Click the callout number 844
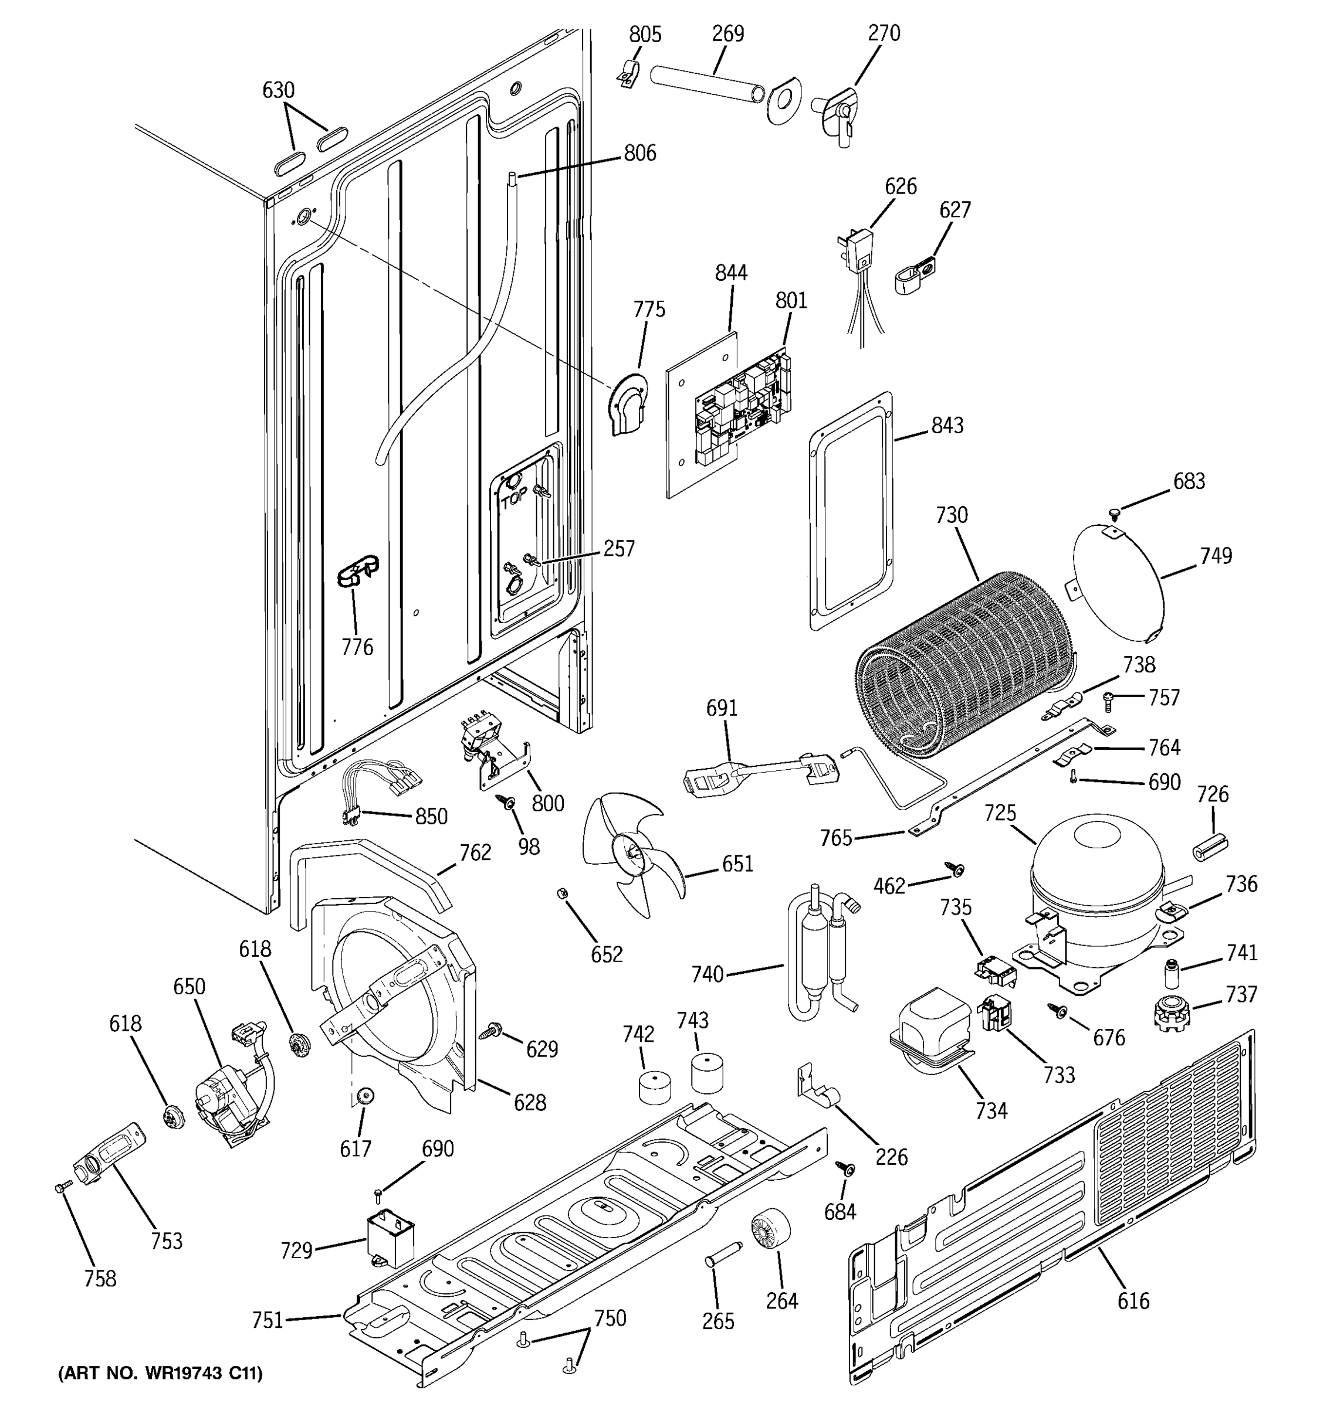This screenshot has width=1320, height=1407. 731,273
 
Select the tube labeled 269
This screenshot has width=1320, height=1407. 708,86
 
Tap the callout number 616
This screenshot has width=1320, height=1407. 1133,1300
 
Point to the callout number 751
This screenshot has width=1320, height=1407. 268,1320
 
